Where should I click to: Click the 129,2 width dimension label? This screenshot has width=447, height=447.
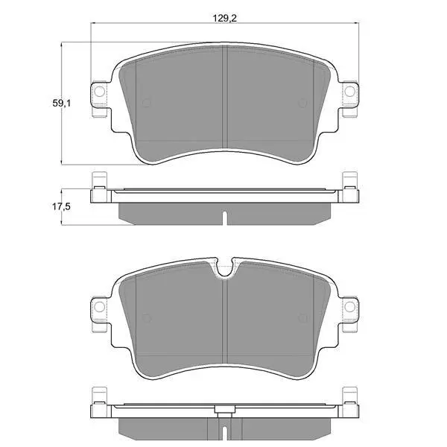[x=225, y=19]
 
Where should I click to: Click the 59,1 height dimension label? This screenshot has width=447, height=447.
[x=61, y=103]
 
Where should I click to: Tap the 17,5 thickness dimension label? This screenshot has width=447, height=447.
[x=61, y=206]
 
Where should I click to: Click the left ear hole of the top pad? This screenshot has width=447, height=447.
[x=100, y=91]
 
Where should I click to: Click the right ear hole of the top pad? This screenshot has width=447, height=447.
[x=350, y=91]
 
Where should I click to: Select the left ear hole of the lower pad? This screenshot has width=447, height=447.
[x=100, y=306]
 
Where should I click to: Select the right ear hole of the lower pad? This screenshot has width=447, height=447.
[x=350, y=306]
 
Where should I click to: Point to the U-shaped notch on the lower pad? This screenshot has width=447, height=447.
[x=225, y=268]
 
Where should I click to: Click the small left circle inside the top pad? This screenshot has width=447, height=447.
[x=146, y=103]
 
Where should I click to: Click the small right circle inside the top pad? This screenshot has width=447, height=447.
[x=302, y=103]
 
